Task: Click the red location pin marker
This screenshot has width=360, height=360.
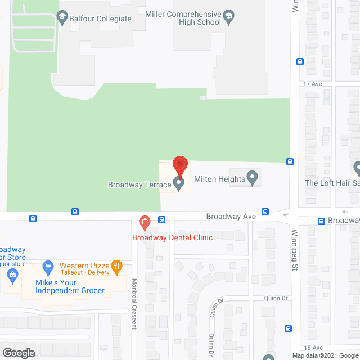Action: [x=179, y=166]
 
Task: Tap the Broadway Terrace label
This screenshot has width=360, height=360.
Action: [x=139, y=184]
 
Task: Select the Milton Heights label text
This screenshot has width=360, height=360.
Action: [x=219, y=179]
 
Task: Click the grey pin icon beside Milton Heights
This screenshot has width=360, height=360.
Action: [x=253, y=178]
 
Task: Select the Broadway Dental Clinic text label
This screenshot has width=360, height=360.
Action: [x=172, y=237]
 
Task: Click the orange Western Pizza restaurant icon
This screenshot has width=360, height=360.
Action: [x=116, y=265]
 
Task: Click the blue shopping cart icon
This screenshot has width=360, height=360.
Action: [x=48, y=265]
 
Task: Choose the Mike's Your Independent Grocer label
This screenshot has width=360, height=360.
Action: [x=70, y=286]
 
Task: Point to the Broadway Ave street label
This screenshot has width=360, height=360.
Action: [x=231, y=216]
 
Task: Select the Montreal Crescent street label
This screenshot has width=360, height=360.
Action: [x=134, y=303]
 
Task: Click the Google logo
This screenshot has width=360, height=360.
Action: [x=18, y=353]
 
